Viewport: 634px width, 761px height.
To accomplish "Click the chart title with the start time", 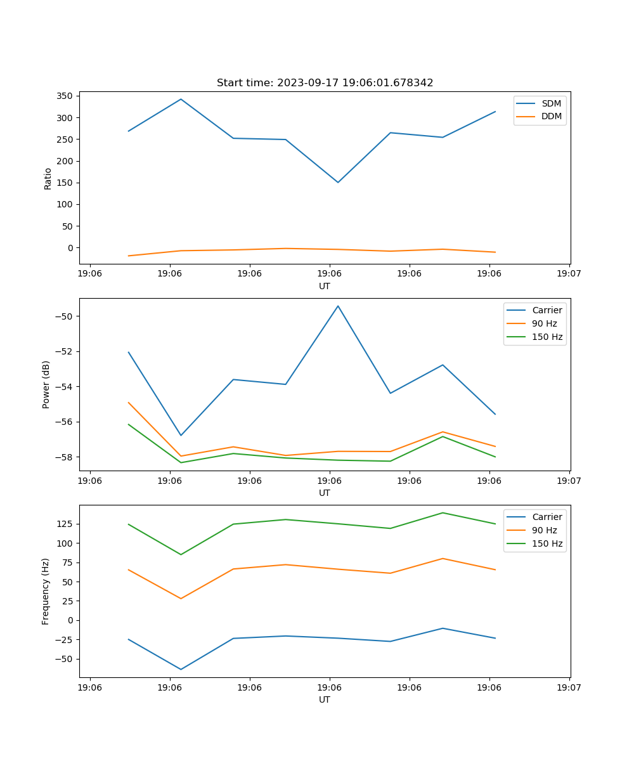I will (x=325, y=83).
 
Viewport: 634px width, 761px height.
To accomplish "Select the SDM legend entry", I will (x=551, y=103).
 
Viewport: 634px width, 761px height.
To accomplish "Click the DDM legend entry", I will (x=551, y=117).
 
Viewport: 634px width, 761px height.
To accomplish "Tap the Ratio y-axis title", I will (x=48, y=178).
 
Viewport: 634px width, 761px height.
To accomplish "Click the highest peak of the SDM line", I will (x=181, y=99).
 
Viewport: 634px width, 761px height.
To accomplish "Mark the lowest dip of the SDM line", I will (x=338, y=183).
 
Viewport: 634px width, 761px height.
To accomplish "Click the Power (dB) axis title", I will (x=46, y=384).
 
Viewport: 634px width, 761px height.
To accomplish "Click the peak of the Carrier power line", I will (x=338, y=306).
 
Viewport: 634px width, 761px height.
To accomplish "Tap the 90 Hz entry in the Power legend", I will (x=544, y=323).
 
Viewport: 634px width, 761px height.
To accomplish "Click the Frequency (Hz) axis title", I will (x=46, y=591).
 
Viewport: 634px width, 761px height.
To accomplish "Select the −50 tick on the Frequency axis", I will (x=66, y=659).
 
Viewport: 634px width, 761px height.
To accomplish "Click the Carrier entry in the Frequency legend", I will (x=547, y=517).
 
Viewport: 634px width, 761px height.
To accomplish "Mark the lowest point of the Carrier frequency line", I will (x=181, y=669).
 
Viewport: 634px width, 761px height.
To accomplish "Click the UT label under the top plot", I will (x=325, y=287).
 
